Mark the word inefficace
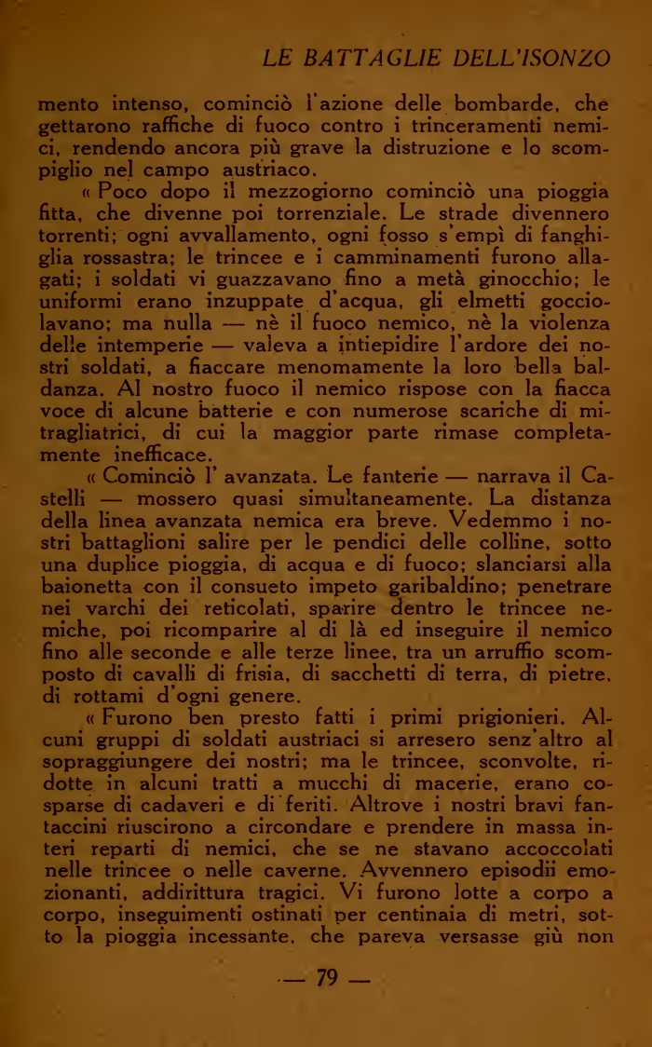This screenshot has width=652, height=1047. click(151, 455)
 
